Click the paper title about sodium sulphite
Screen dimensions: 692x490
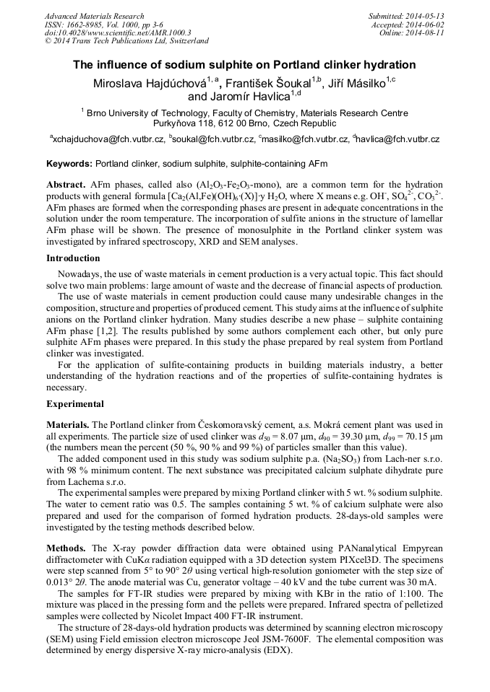click(x=244, y=65)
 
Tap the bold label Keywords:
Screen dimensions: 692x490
click(x=69, y=165)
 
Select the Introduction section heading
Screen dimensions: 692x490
click(x=73, y=258)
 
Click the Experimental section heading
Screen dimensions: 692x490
click(x=75, y=404)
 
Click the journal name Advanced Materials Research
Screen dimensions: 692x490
click(x=94, y=16)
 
